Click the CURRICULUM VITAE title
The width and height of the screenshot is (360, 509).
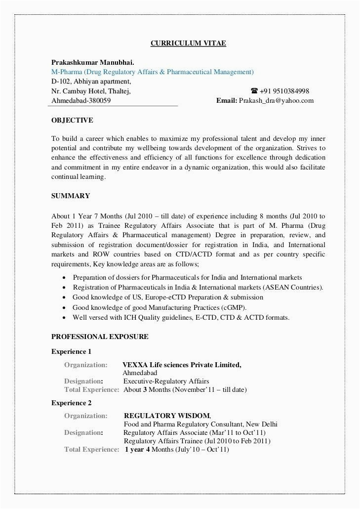click(188, 43)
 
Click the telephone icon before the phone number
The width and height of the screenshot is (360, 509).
click(254, 91)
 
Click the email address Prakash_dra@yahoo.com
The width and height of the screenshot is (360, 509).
click(276, 100)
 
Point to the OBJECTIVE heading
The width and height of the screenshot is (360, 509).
click(72, 120)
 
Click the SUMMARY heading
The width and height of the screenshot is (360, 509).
click(71, 196)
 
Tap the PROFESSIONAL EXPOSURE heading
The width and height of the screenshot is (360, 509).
click(100, 337)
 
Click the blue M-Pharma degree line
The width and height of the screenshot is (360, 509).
click(153, 72)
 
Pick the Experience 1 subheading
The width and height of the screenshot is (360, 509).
click(72, 352)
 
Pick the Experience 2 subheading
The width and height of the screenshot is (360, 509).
click(72, 403)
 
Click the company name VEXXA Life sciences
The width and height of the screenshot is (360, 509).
click(182, 365)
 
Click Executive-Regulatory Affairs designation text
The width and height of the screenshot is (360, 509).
click(166, 381)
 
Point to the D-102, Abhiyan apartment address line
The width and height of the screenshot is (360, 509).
click(91, 82)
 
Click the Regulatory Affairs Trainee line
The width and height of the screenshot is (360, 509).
click(197, 441)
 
